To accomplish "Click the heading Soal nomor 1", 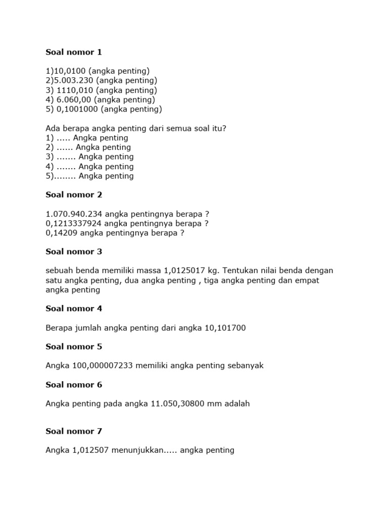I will click(74, 52).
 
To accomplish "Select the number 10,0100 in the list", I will click(70, 71).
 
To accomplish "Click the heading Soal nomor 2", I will click(74, 195).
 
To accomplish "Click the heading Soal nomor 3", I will click(74, 252).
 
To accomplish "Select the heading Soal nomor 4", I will click(74, 309).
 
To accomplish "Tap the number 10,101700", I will click(225, 328).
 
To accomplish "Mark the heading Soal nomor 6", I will click(74, 385).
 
